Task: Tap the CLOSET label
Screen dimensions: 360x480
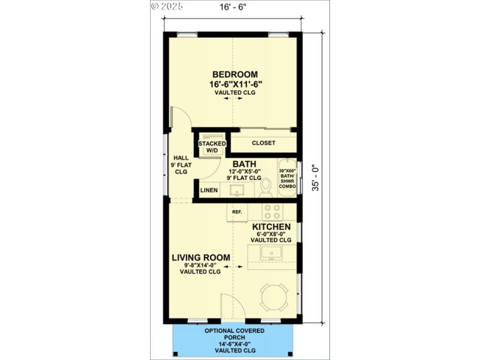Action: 263,143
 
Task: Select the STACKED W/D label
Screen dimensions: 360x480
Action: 212,147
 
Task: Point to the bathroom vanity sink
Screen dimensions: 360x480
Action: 238,191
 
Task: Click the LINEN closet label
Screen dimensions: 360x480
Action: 209,190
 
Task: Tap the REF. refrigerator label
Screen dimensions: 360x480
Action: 237,212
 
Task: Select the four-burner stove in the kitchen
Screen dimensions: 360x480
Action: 272,212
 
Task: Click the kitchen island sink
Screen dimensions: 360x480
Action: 271,253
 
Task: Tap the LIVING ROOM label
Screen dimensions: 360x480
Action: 200,258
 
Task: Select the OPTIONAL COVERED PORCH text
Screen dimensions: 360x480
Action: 232,335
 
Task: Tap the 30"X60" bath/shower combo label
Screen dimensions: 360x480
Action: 287,178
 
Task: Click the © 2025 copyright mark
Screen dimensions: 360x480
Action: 166,6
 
